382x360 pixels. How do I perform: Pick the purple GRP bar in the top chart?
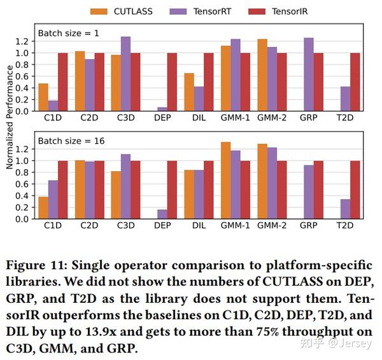point(309,74)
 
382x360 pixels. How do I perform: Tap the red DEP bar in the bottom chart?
point(172,190)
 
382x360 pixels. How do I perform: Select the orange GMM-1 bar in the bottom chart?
point(225,181)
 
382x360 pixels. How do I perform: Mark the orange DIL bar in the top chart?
point(189,92)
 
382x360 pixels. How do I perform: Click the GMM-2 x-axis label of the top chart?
point(272,118)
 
